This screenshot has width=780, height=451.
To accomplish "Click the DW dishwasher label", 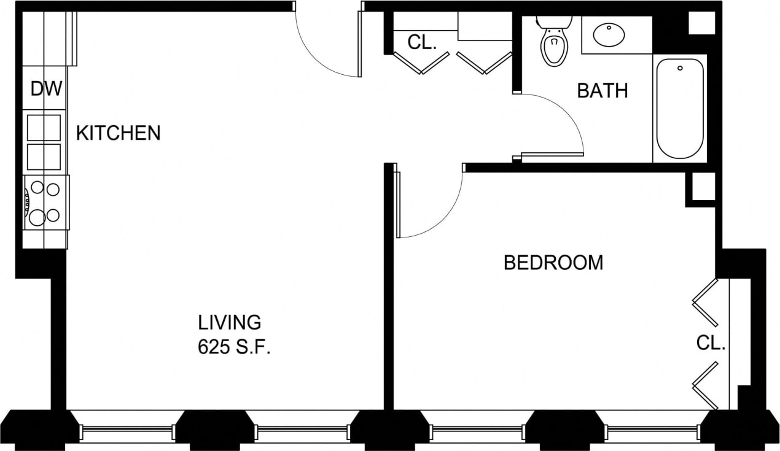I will (x=47, y=89).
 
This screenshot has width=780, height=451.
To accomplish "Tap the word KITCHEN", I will (x=118, y=133).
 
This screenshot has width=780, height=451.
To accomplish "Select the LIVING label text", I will (x=229, y=322).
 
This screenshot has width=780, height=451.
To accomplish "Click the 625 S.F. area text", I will (x=234, y=348).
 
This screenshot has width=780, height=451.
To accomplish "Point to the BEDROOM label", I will (x=553, y=263).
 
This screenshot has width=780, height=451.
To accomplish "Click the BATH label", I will (x=602, y=91).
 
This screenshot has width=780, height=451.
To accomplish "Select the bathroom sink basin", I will (x=609, y=35).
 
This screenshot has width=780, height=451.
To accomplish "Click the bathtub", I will (x=680, y=109).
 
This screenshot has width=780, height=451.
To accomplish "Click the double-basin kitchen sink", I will (x=44, y=142).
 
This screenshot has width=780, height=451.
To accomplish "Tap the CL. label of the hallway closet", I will (x=422, y=42).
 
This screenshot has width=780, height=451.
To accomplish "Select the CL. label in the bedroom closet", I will (x=711, y=343).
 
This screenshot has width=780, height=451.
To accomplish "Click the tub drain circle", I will (x=680, y=67).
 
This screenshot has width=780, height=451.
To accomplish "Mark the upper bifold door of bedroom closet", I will (x=706, y=303).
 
